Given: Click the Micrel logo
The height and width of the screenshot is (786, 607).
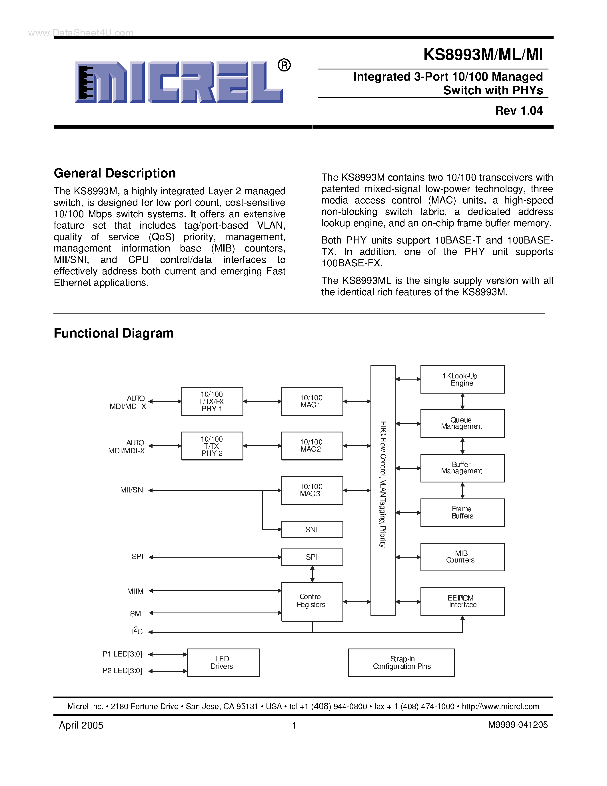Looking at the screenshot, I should pos(179,82).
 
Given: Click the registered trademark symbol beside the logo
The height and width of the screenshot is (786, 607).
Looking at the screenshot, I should pos(284,65).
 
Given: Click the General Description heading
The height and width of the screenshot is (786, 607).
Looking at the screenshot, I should pos(115,173).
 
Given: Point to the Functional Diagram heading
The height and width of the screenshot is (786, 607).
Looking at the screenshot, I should pos(114,333).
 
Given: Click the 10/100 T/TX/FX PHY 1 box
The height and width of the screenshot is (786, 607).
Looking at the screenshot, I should pos(212,401).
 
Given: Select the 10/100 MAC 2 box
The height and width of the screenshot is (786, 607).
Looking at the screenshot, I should pos(312,446).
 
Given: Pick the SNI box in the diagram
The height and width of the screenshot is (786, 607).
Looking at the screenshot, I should pos(312,529).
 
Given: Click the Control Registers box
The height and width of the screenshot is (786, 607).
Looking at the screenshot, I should pos(312,601).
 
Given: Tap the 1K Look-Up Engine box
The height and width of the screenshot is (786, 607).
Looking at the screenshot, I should pos(462,379).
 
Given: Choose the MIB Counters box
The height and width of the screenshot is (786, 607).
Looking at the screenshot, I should pos(462,557).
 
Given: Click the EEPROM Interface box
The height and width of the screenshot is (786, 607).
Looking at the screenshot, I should pos(462,601).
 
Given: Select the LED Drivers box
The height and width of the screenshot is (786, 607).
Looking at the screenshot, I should pos(223,663).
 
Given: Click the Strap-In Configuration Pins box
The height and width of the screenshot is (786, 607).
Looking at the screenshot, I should pos(401,663).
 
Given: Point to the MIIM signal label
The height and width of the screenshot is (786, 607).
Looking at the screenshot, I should pos(135,591).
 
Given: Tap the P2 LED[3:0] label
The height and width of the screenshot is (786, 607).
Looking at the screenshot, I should pos(122,671).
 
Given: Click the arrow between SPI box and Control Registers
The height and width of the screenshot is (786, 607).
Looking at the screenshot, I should pos(312,574).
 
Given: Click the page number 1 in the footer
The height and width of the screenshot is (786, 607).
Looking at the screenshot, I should pos(294,725).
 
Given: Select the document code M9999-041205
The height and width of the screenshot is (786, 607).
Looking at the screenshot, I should pos(518,725).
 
